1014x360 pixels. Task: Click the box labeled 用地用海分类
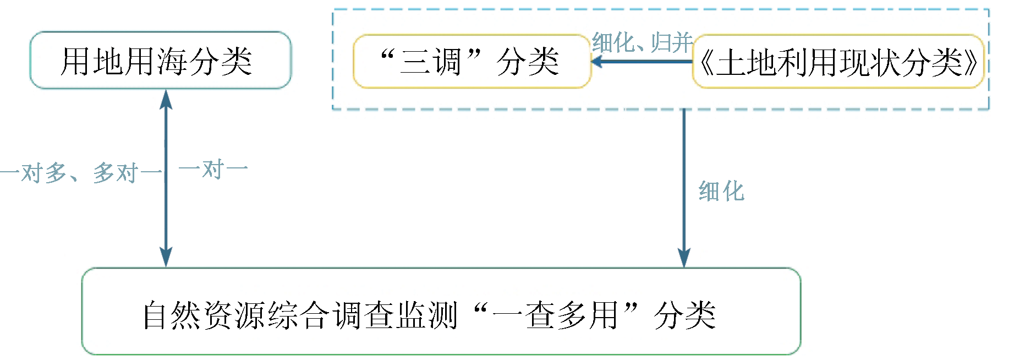pyautogui.click(x=160, y=61)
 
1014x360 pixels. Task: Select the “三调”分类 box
pyautogui.click(x=472, y=61)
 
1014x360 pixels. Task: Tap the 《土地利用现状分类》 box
pyautogui.click(x=837, y=62)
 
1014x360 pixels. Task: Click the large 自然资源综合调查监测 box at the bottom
pyautogui.click(x=441, y=312)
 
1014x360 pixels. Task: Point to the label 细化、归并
pyautogui.click(x=642, y=42)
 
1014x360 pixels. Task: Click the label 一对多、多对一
pyautogui.click(x=81, y=173)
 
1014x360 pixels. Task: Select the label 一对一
pyautogui.click(x=213, y=170)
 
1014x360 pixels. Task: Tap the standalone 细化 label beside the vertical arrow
pyautogui.click(x=721, y=192)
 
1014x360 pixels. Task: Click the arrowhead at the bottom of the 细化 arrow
pyautogui.click(x=684, y=258)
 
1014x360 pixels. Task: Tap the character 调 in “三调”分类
pyautogui.click(x=446, y=61)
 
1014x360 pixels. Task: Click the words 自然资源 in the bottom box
pyautogui.click(x=205, y=315)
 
